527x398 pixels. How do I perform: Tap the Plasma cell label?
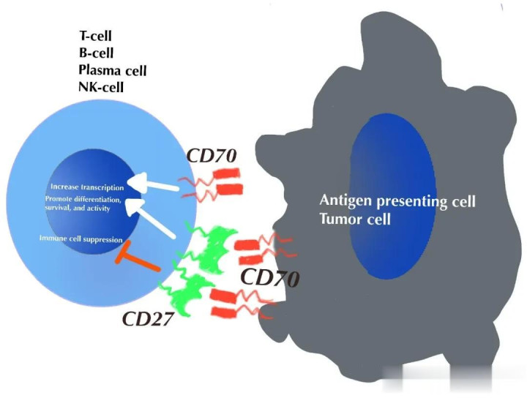coord(112,70)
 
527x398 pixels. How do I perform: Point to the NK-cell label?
coord(102,89)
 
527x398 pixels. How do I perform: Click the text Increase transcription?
coord(87,187)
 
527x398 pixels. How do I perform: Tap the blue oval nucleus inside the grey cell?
coord(387,198)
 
